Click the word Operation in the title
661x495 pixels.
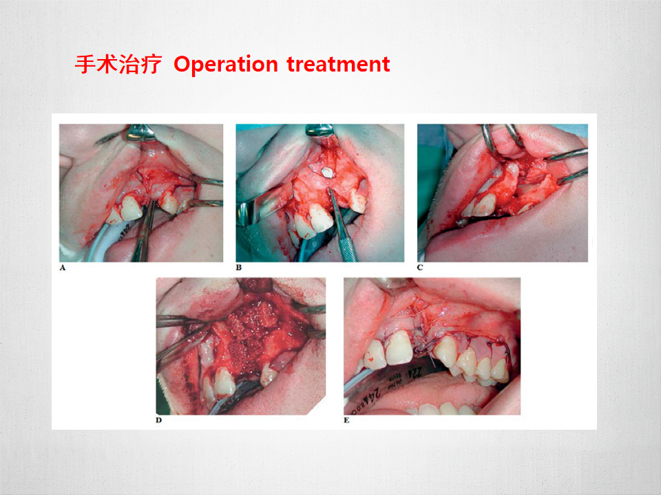226,65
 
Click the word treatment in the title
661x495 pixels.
338,64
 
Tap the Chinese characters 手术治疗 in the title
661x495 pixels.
118,65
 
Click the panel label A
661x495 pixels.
63,267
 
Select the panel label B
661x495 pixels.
239,267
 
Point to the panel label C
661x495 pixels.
420,267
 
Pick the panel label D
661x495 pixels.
159,420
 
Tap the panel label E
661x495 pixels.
346,420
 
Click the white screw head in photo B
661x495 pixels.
326,172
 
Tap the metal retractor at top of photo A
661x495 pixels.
141,132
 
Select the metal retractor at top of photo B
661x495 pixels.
319,130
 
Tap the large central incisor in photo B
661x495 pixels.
318,219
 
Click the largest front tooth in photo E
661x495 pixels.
399,348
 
